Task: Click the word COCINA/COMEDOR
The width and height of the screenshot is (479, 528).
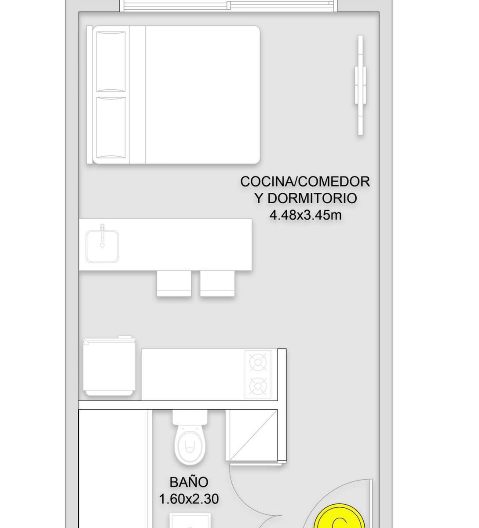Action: [305, 182]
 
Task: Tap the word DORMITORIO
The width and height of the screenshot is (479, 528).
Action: [312, 198]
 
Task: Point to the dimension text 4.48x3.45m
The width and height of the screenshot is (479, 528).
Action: [306, 215]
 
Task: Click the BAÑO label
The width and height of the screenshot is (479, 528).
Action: [189, 482]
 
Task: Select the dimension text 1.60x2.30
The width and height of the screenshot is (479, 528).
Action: [189, 499]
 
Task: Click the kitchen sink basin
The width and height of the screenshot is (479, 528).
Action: [102, 246]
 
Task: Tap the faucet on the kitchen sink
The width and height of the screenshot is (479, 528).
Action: [102, 235]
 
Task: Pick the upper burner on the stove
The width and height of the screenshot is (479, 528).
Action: [258, 363]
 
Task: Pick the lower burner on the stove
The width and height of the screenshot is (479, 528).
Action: [258, 386]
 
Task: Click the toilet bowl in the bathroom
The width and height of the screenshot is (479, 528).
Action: [190, 446]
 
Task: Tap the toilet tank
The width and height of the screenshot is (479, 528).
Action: [190, 417]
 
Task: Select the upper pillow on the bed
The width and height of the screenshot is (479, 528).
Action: [111, 61]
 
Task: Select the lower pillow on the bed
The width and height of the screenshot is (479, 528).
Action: [111, 128]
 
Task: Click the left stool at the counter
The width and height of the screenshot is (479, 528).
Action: [174, 283]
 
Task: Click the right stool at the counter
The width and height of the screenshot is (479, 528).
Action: [217, 283]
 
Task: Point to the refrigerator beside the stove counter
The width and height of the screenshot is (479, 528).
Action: [109, 366]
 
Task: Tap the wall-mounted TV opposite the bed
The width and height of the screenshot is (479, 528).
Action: [360, 85]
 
